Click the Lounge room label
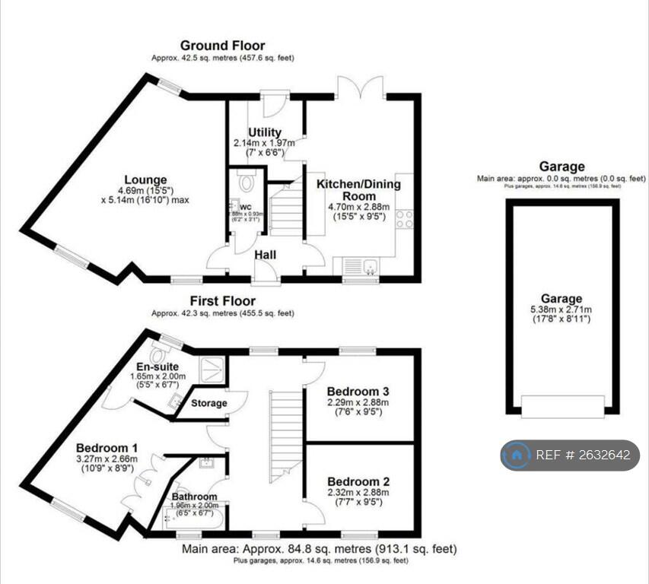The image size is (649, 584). tap(147, 180)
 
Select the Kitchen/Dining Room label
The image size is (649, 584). tap(358, 190)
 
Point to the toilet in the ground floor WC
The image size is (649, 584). tap(246, 182)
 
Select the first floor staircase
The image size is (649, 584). tap(286, 433)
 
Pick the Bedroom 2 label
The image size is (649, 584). tap(358, 481)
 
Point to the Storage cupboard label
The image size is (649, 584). tap(208, 403)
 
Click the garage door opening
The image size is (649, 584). tap(562, 406)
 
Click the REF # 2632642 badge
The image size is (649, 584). tap(569, 455)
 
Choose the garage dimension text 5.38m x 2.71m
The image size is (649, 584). tap(562, 310)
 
